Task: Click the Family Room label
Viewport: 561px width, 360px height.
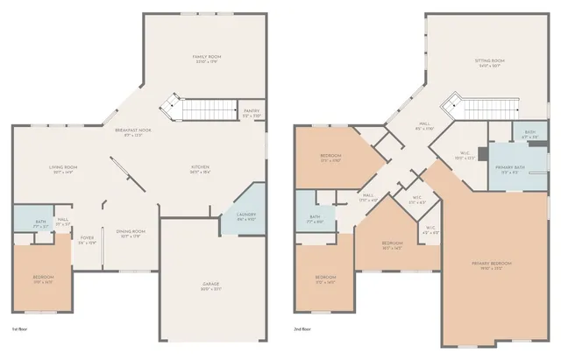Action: [206, 59]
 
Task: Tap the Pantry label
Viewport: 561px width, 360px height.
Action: [252, 113]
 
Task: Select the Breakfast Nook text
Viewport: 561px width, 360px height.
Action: [132, 132]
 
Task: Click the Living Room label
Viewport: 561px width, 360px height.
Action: [64, 169]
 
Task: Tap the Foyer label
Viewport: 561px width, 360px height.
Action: [87, 239]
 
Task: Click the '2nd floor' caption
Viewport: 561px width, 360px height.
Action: [303, 329]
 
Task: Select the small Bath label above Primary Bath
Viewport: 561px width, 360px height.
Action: [529, 136]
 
